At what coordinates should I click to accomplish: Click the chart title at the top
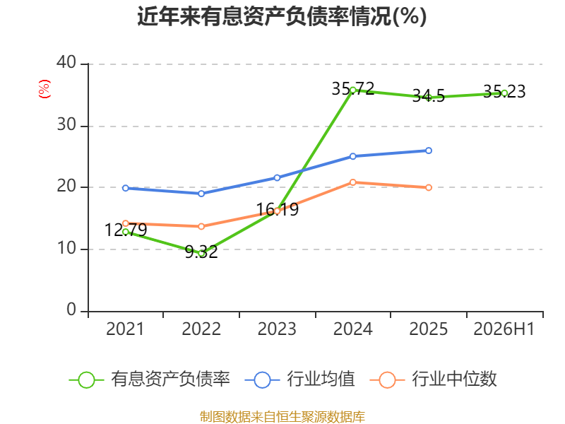282,16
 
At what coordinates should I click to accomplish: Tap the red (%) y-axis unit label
44,89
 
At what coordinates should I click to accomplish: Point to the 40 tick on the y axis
66,62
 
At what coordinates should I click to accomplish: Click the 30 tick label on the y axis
66,124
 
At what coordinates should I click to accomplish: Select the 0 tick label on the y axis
71,310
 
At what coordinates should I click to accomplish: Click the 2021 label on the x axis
125,329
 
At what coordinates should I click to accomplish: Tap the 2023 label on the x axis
277,329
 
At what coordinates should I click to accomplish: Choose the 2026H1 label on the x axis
504,329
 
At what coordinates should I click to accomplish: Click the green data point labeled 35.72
352,90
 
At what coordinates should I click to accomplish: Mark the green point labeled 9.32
201,254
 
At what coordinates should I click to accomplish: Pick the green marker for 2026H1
504,93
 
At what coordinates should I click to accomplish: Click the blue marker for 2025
429,151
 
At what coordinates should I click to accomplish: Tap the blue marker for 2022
201,194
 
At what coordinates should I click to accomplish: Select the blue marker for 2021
126,188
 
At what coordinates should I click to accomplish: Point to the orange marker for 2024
352,182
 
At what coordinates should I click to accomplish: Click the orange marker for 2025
429,187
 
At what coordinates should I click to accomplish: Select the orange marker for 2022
201,226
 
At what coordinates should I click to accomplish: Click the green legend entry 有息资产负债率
149,379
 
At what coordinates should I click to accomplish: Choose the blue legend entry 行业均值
299,379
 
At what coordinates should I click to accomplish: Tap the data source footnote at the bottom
282,417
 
